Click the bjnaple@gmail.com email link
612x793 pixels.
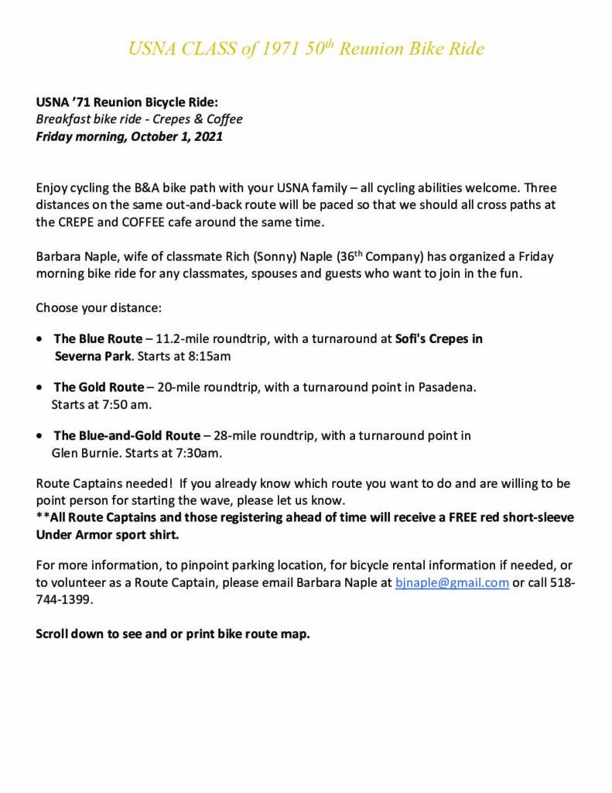click(x=452, y=583)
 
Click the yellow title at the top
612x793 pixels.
click(x=306, y=50)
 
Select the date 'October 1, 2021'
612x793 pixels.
click(x=176, y=137)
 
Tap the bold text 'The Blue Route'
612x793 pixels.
click(x=98, y=339)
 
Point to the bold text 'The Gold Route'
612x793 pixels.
click(x=99, y=387)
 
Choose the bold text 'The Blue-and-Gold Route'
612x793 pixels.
click(x=127, y=436)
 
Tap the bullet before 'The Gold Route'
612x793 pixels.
click(x=39, y=387)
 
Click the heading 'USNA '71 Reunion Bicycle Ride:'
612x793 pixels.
click(x=128, y=102)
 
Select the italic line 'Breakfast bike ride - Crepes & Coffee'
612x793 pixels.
click(x=139, y=119)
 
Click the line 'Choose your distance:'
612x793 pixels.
click(x=98, y=307)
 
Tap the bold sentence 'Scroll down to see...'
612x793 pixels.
click(x=173, y=633)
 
